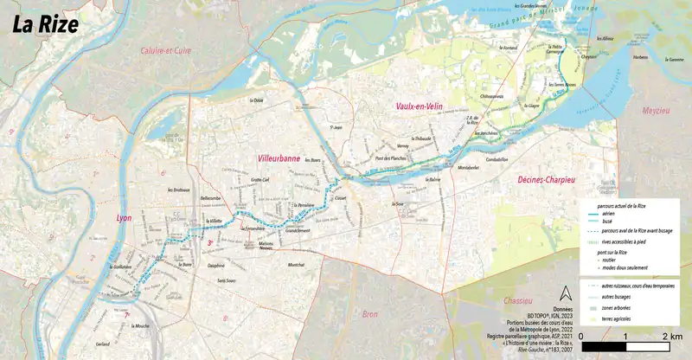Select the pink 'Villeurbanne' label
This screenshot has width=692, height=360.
[278, 159]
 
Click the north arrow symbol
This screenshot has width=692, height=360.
[567, 293]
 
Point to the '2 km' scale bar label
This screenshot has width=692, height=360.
[671, 335]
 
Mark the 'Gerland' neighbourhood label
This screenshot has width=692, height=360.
[103, 344]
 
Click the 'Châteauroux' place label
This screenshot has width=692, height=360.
[491, 97]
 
